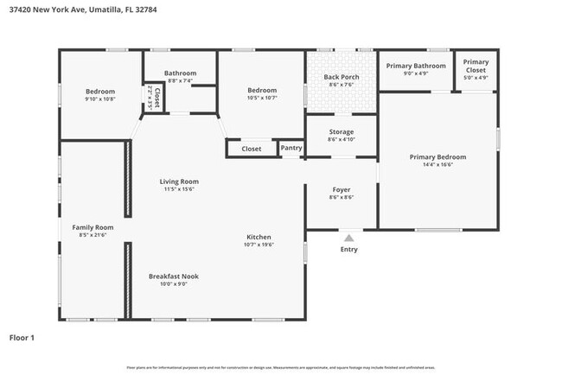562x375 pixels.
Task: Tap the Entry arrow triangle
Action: tap(348, 237)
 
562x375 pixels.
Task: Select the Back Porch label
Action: tap(341, 77)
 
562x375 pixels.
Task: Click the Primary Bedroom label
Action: tap(437, 156)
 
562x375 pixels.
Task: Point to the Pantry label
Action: tap(291, 149)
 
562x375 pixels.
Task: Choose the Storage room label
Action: tap(341, 131)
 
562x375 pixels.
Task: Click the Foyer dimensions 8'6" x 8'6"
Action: tap(341, 197)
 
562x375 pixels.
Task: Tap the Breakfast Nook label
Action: tap(173, 276)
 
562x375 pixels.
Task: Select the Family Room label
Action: tap(93, 226)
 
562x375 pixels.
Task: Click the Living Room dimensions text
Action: tap(179, 189)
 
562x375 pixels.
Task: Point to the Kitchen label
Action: tap(259, 237)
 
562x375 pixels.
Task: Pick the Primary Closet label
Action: tap(476, 66)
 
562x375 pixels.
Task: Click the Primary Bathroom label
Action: tap(416, 66)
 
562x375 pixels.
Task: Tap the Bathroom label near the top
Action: tap(181, 73)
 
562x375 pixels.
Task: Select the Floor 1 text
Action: tap(21, 338)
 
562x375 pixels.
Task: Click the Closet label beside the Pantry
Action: tap(251, 149)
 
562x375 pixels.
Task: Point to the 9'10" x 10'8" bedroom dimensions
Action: tap(100, 99)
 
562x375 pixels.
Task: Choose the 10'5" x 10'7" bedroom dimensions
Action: tap(261, 99)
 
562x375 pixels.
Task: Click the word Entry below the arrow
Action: tap(348, 250)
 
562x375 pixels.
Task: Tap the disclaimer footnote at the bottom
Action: tap(280, 367)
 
